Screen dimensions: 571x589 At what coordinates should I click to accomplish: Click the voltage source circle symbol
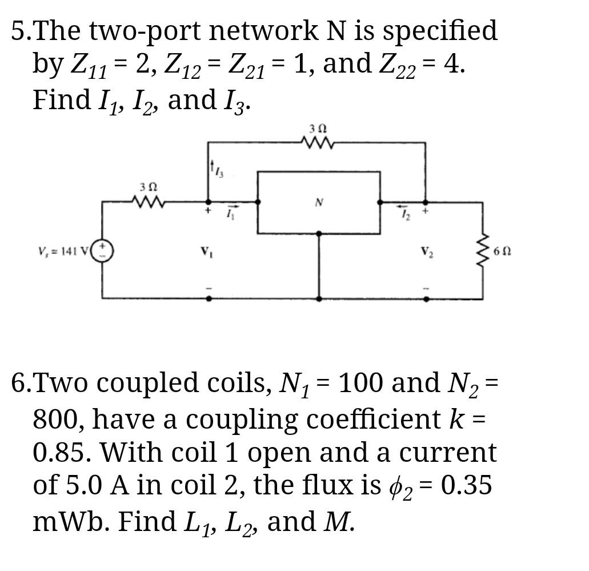(104, 251)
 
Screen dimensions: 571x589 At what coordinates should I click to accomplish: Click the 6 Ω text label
(502, 251)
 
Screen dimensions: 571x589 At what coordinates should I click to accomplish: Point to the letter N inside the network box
(319, 202)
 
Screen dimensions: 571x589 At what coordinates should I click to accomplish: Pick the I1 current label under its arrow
(230, 215)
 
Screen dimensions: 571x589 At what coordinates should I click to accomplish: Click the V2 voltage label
(426, 251)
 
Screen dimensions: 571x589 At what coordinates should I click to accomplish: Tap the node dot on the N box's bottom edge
(319, 233)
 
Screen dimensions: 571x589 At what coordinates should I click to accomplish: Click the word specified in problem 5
(440, 31)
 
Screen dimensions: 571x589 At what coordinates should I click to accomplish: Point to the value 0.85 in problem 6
(63, 452)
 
